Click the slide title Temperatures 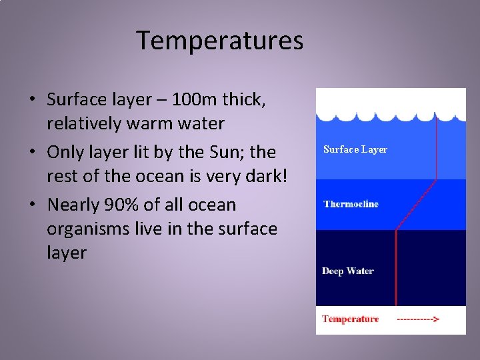220,41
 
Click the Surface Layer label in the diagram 355,149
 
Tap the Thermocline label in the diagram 351,203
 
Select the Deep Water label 347,271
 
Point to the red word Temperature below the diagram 350,319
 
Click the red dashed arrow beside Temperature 417,319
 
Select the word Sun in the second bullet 224,152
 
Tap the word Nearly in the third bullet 75,204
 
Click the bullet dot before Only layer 32,153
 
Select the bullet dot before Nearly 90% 32,205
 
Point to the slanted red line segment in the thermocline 416,205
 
